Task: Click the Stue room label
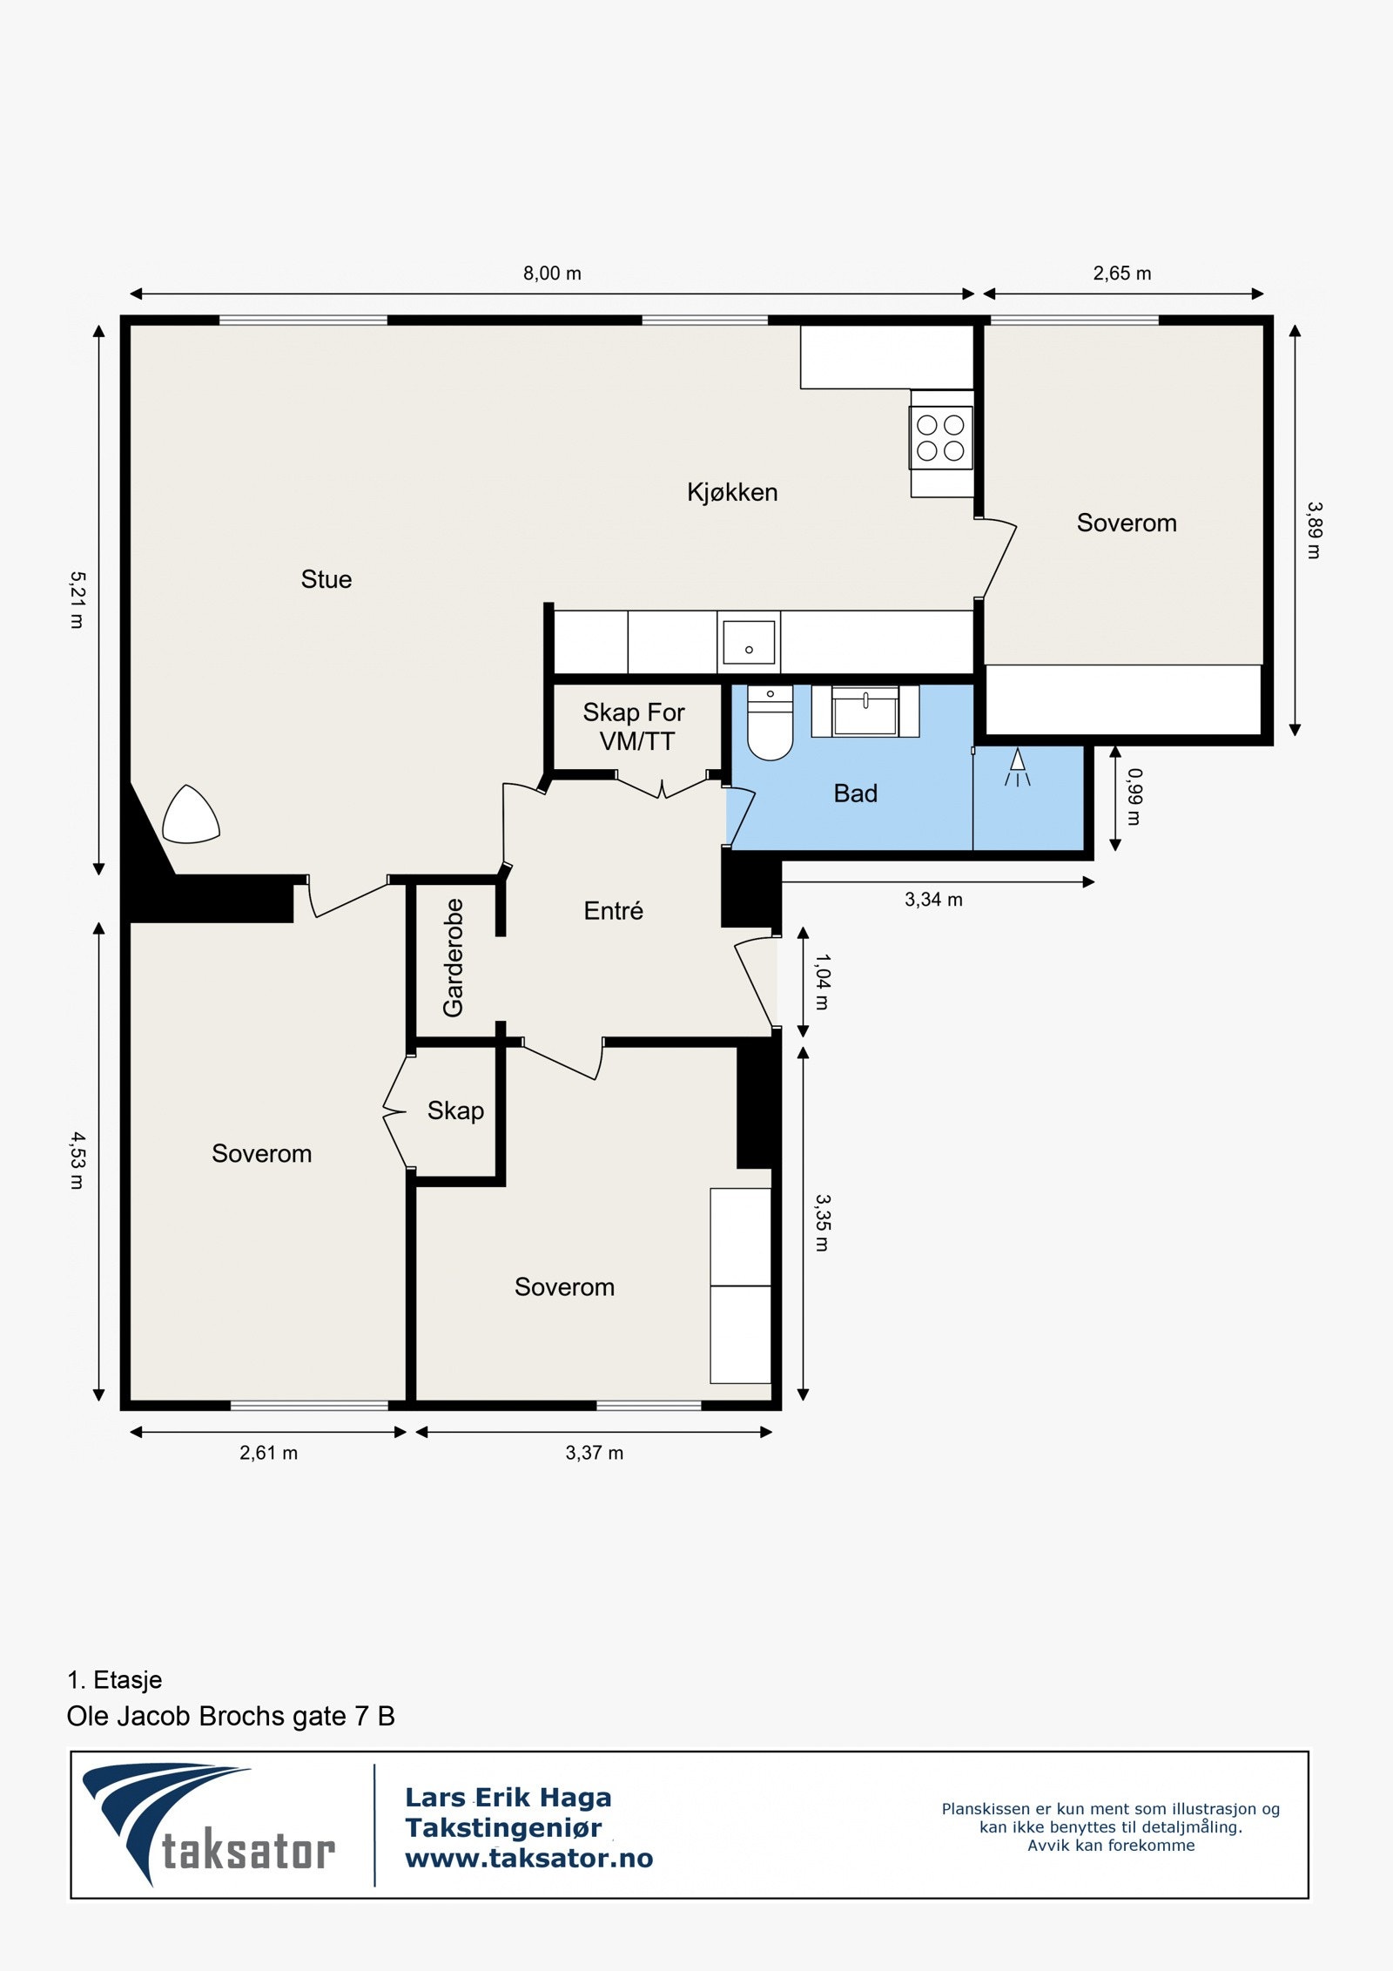click(326, 579)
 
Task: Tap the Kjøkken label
click(732, 492)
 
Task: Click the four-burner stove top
click(941, 438)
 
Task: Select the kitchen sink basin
click(749, 642)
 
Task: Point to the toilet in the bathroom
click(771, 722)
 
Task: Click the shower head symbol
click(1017, 767)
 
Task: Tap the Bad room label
click(856, 793)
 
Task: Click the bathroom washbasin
click(865, 711)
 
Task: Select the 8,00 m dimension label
click(552, 273)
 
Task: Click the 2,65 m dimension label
click(1122, 273)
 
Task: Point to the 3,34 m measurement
click(933, 900)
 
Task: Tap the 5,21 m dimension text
click(77, 599)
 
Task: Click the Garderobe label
click(454, 958)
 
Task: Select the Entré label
click(614, 911)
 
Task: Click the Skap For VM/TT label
click(634, 726)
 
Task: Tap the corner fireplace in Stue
click(191, 815)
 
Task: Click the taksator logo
click(209, 1825)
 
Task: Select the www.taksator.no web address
click(529, 1859)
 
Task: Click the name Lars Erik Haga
click(508, 1798)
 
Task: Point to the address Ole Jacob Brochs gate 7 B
click(231, 1716)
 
